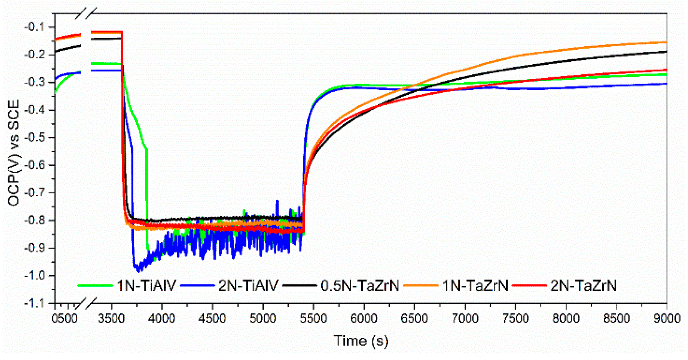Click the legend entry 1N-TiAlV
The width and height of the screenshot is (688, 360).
pyautogui.click(x=147, y=286)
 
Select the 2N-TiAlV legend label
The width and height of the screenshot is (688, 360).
pyautogui.click(x=248, y=286)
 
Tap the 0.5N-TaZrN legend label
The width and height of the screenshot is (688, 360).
pyautogui.click(x=360, y=286)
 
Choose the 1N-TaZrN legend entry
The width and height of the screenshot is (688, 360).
pyautogui.click(x=475, y=286)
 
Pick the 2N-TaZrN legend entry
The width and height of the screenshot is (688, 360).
pyautogui.click(x=583, y=286)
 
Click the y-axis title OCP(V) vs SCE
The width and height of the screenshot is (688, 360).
pyautogui.click(x=14, y=153)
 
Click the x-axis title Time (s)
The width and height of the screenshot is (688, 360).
pyautogui.click(x=361, y=341)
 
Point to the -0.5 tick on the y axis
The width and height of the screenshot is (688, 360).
pyautogui.click(x=36, y=137)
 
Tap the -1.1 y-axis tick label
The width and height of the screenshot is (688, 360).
pyautogui.click(x=36, y=303)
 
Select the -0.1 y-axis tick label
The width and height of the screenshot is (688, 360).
pyautogui.click(x=36, y=27)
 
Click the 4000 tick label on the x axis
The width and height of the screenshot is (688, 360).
pyautogui.click(x=162, y=319)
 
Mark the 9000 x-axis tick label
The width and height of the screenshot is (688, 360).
pyautogui.click(x=667, y=319)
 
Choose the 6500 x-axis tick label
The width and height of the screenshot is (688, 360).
pyautogui.click(x=414, y=319)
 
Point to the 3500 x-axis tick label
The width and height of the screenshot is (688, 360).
pyautogui.click(x=111, y=319)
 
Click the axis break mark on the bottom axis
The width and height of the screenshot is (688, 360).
pyautogui.click(x=86, y=303)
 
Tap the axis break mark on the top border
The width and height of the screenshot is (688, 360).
pyautogui.click(x=86, y=14)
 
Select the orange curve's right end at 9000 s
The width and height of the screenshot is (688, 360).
pyautogui.click(x=666, y=43)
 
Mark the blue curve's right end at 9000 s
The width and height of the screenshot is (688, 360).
pyautogui.click(x=666, y=84)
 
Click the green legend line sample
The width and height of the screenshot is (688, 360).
pyautogui.click(x=95, y=286)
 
